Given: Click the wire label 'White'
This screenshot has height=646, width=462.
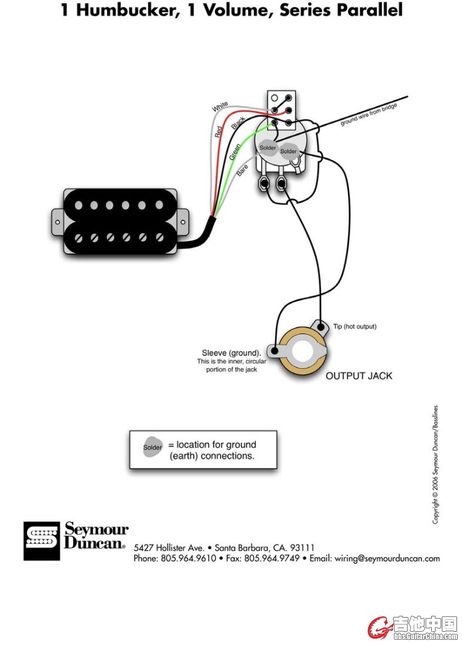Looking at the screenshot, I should (220, 107).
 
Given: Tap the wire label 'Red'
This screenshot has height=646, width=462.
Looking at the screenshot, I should (218, 130).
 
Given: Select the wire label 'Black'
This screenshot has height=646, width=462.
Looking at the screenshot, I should (238, 123).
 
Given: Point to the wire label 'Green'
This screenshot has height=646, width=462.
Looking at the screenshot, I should (235, 152).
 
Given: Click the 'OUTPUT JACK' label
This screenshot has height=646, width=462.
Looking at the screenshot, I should (359, 375).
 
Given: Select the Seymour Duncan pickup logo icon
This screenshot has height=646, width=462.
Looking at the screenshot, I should (42, 541).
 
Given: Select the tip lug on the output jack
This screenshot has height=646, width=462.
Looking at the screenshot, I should (319, 324).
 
